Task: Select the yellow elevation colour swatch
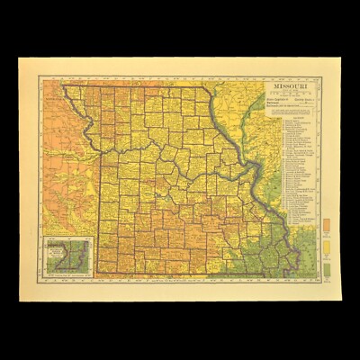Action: click(x=325, y=246)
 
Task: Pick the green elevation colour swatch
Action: click(x=325, y=267)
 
